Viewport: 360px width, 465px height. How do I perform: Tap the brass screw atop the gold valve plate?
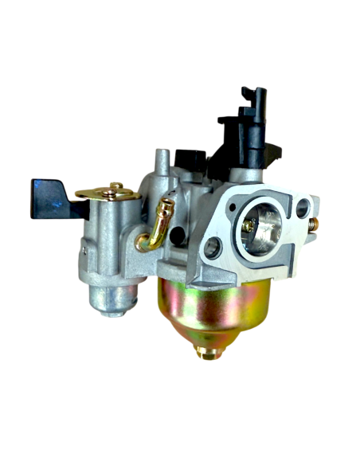point(116,187)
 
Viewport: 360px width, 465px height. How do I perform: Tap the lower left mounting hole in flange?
point(211,250)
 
